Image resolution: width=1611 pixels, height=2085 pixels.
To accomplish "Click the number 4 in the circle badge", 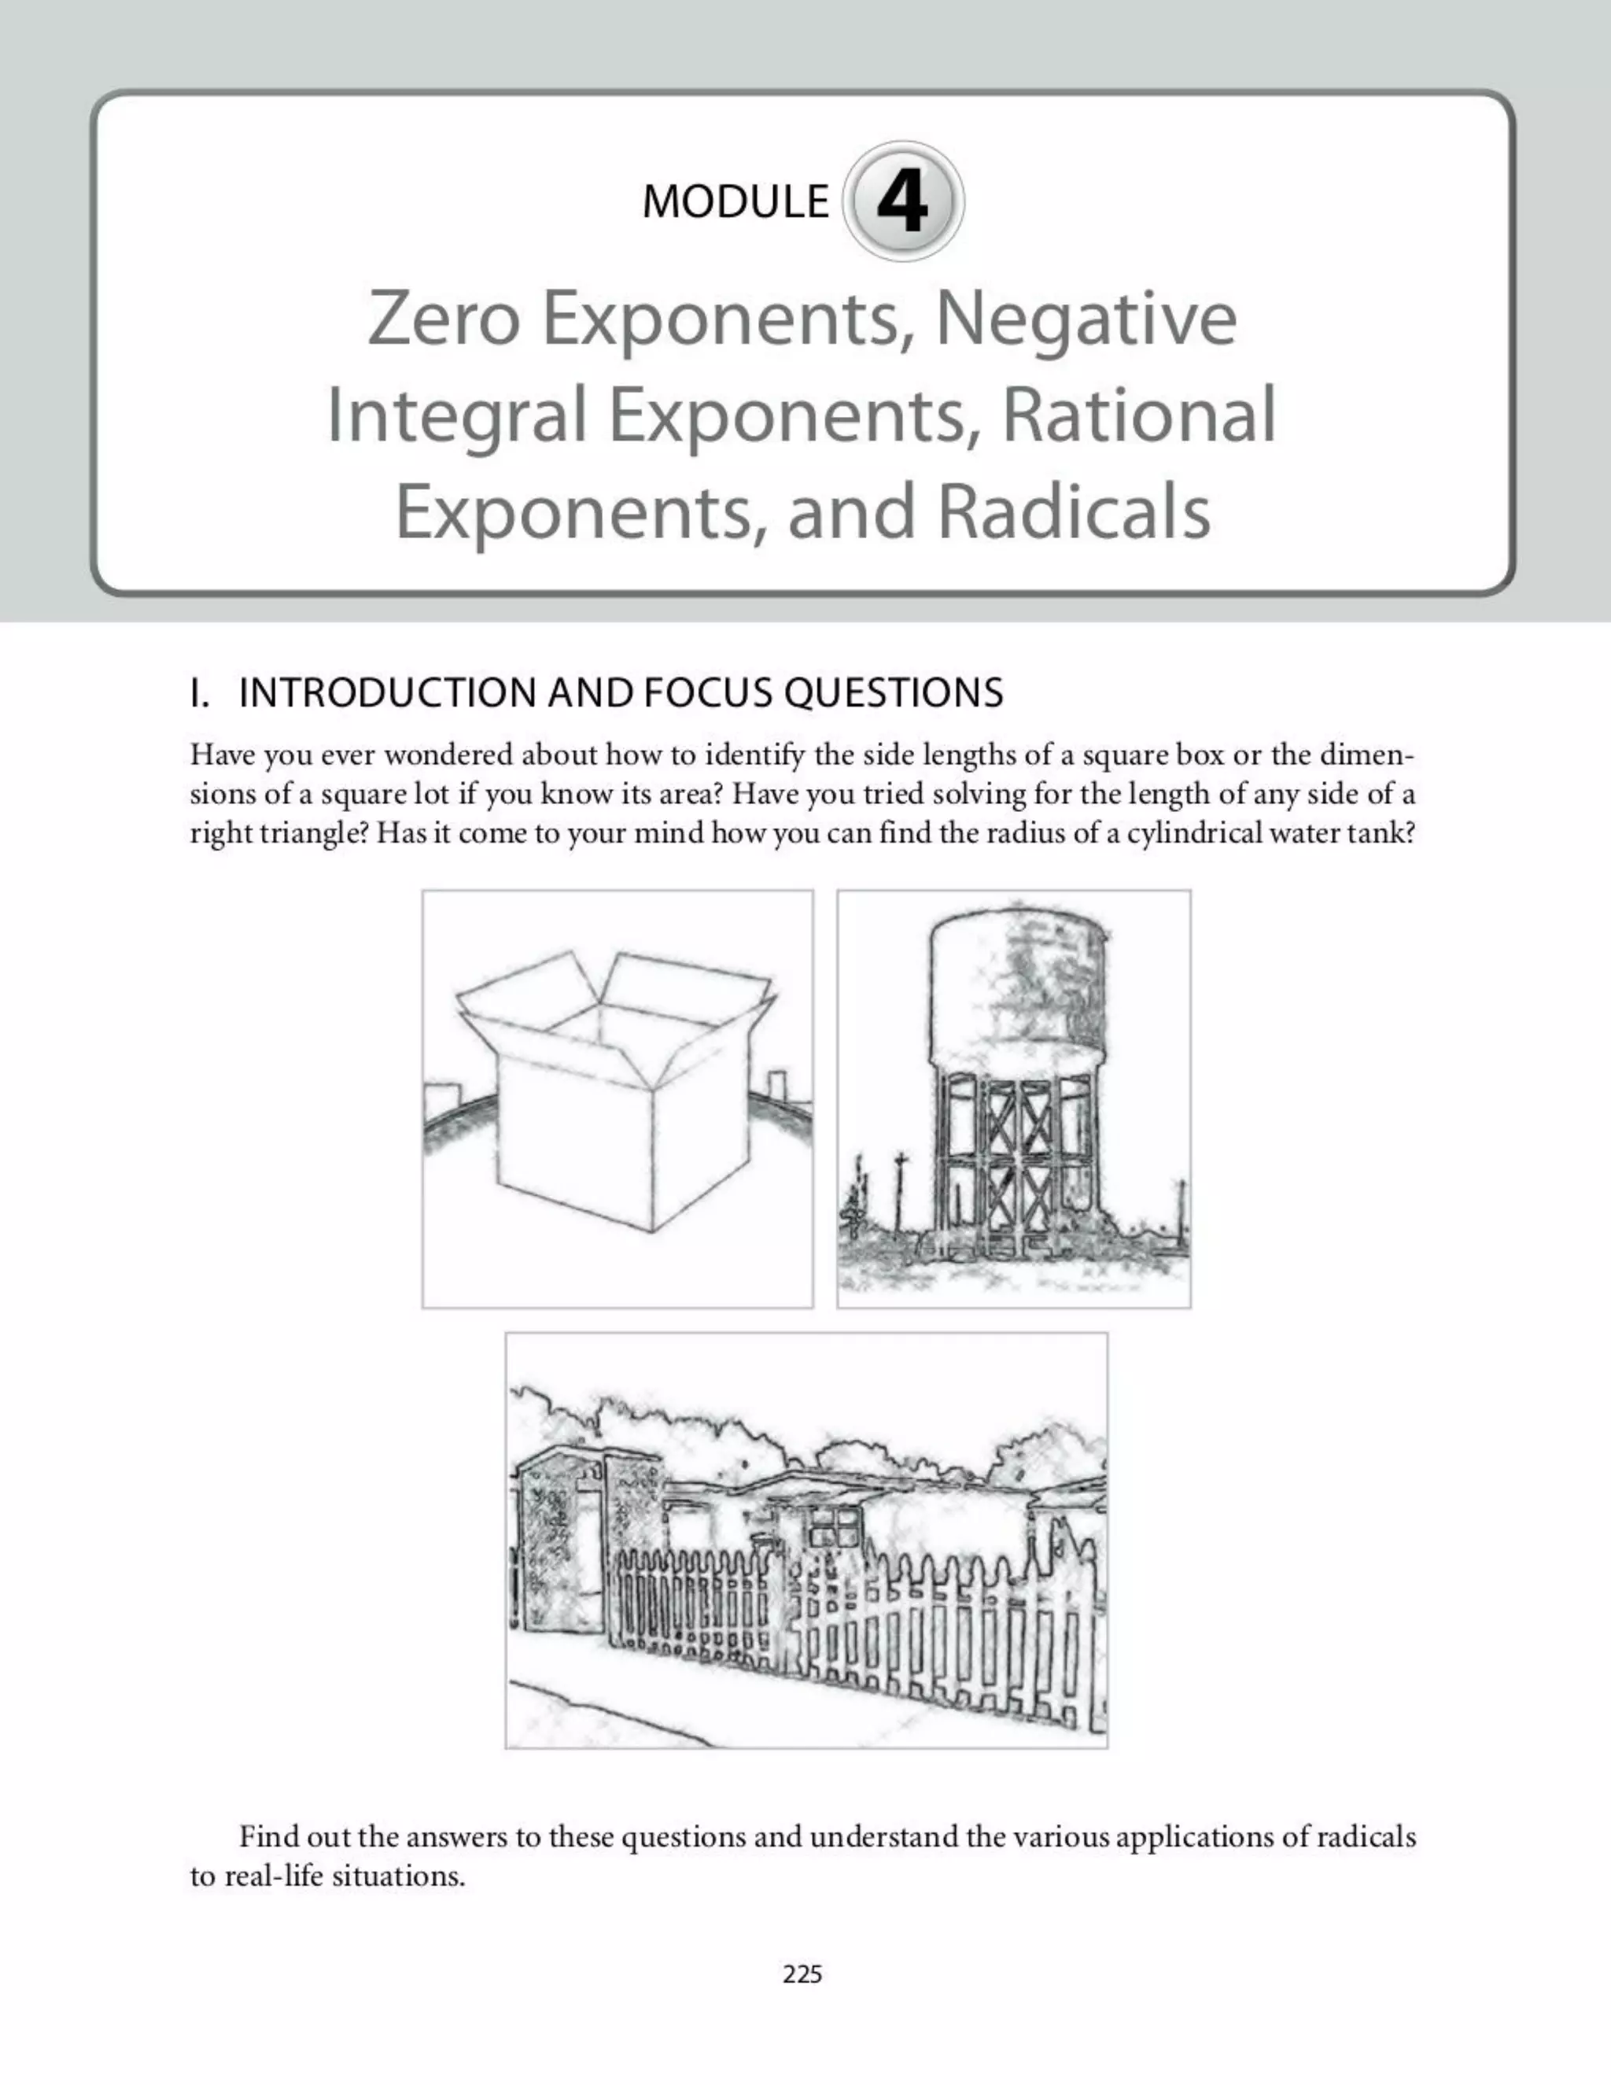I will [902, 201].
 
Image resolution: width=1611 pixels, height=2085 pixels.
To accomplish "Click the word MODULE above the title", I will [735, 201].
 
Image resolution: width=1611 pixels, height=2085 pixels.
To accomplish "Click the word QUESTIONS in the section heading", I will [894, 693].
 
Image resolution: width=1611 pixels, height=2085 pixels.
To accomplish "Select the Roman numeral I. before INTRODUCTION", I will [198, 693].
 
